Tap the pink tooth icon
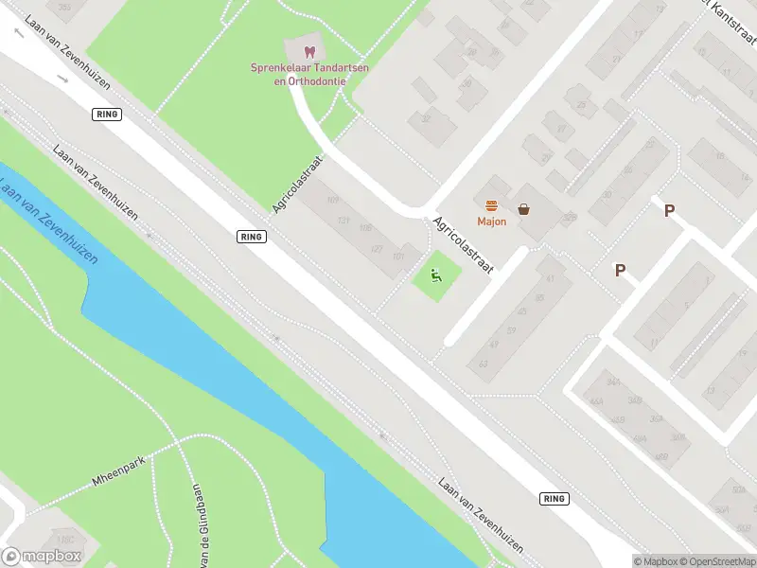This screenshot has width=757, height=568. click(x=308, y=51)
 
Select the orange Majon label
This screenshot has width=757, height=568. click(x=492, y=222)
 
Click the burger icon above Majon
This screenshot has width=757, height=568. click(x=492, y=206)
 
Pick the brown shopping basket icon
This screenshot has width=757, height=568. click(x=523, y=208)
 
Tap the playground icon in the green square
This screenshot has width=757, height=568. click(x=436, y=276)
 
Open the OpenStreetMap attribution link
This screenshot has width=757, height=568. click(x=717, y=561)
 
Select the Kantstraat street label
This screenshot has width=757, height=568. click(x=732, y=25)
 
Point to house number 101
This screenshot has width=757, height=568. click(x=398, y=257)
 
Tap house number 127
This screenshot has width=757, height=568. click(x=377, y=249)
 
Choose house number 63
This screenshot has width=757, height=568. click(x=484, y=364)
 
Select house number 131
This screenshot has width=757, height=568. click(x=343, y=221)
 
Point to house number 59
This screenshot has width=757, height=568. click(x=510, y=331)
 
